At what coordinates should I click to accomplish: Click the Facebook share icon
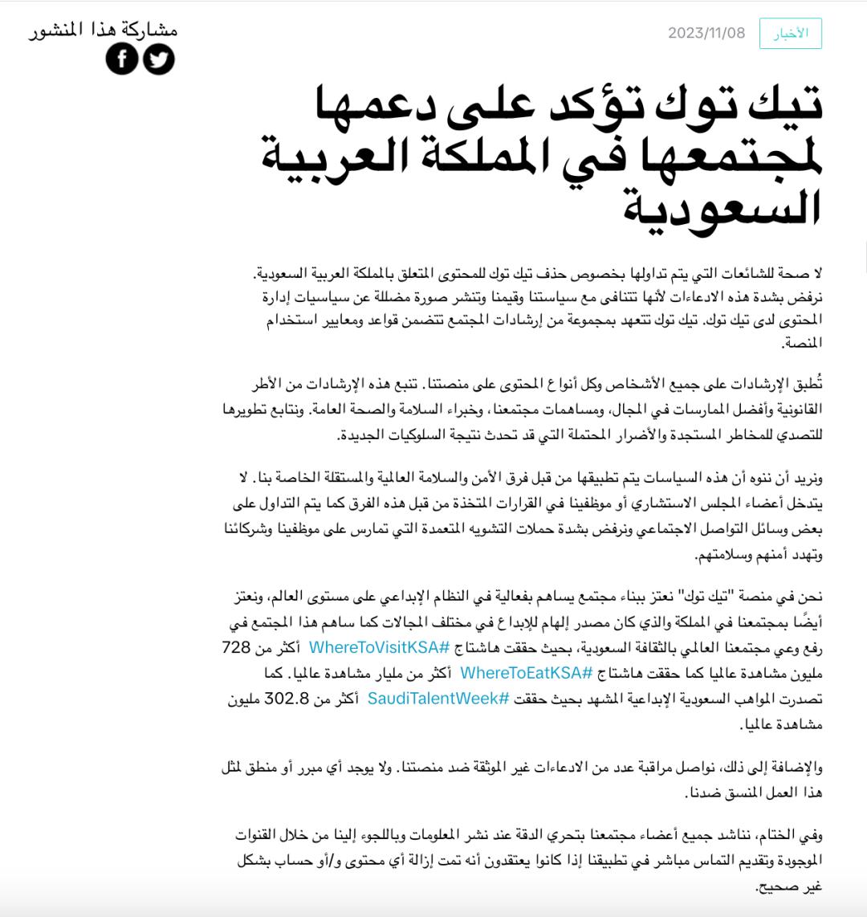click(122, 59)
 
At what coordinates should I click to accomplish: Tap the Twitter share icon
click(159, 59)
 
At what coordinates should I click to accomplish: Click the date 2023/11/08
click(706, 33)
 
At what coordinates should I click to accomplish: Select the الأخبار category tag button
click(791, 33)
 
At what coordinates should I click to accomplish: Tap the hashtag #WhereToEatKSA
click(527, 672)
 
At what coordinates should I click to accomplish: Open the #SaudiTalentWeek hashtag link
click(438, 699)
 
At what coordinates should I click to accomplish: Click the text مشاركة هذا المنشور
click(104, 31)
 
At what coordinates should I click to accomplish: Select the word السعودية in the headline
click(722, 206)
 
